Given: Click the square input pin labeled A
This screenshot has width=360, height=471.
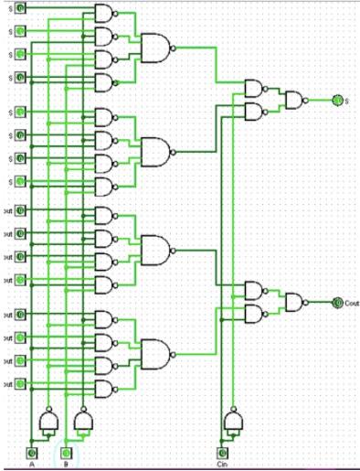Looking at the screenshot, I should click(x=32, y=453).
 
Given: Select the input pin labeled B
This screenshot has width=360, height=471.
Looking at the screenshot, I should click(x=66, y=453).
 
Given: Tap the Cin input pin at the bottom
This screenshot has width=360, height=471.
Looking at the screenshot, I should click(x=220, y=453).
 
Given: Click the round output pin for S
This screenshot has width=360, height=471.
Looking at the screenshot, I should click(x=336, y=100).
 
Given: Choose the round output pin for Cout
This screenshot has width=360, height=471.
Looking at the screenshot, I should click(x=336, y=302).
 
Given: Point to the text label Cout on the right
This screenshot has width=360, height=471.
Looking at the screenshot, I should click(x=352, y=302).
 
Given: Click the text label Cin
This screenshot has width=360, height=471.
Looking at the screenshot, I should click(x=220, y=465).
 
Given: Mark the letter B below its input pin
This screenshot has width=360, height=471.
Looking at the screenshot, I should click(x=66, y=465).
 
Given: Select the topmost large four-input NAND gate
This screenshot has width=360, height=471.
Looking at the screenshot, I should click(x=154, y=48).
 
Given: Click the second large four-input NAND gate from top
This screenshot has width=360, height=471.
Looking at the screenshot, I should click(x=154, y=151).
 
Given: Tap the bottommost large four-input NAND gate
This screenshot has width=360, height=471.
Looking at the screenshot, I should click(x=154, y=353).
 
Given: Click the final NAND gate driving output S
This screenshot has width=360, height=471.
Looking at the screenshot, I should click(x=295, y=100).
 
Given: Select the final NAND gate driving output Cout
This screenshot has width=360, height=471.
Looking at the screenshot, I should click(x=295, y=302).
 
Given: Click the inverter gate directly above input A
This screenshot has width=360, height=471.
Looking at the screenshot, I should click(x=48, y=420).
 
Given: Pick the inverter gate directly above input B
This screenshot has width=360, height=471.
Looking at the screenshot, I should click(x=83, y=420).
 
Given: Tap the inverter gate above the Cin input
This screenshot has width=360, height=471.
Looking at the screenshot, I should click(x=234, y=420).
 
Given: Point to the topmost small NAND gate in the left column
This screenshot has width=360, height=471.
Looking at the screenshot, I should click(x=104, y=13).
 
